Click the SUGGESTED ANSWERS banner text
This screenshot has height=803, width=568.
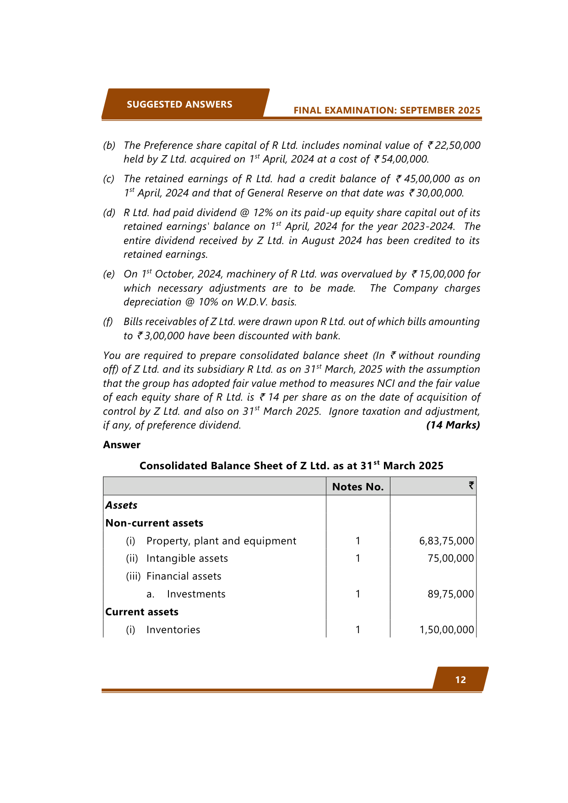coord(179,104)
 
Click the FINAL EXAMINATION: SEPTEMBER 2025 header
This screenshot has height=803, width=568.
coord(387,110)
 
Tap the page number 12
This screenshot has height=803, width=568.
coord(460,680)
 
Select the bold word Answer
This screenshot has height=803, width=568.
coord(122,445)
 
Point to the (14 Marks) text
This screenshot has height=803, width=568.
coord(453,425)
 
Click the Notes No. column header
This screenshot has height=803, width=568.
coord(358,487)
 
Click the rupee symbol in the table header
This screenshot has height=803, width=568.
coord(471,486)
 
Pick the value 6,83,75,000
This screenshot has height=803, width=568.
coord(446,541)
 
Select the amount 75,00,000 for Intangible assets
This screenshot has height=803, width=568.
coord(450,558)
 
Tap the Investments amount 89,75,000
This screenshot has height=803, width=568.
coord(450,594)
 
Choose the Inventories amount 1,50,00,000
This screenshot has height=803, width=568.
coord(446,629)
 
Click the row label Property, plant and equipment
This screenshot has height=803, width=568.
coord(221,541)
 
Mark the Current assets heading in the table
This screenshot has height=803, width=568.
coord(142,612)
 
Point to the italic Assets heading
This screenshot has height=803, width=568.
coord(121,505)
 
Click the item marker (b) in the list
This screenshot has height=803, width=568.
coord(109,146)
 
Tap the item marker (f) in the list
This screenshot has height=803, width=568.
coord(108,322)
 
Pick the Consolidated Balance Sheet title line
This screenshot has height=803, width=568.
coord(291,466)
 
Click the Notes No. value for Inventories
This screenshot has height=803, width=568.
coord(358,629)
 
